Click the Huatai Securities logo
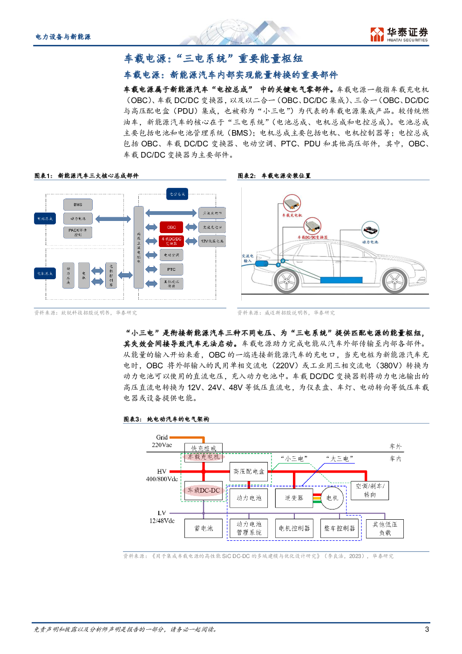click(x=399, y=34)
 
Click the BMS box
click(x=78, y=205)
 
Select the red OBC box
click(x=171, y=227)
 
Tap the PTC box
click(x=171, y=269)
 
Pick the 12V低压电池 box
click(x=212, y=241)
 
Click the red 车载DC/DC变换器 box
click(x=171, y=241)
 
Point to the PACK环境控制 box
click(x=78, y=232)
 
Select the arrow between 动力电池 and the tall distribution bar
click(x=113, y=219)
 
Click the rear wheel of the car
click(x=286, y=281)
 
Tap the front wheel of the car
click(x=395, y=281)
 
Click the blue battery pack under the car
click(x=341, y=280)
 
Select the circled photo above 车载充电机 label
click(x=292, y=203)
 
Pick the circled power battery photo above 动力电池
click(x=370, y=230)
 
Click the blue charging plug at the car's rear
click(x=261, y=264)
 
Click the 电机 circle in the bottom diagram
click(x=332, y=498)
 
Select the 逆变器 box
click(x=294, y=498)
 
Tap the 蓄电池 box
click(x=204, y=528)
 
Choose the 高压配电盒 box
click(x=249, y=471)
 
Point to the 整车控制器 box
click(x=340, y=528)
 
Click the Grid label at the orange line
click(x=162, y=437)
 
